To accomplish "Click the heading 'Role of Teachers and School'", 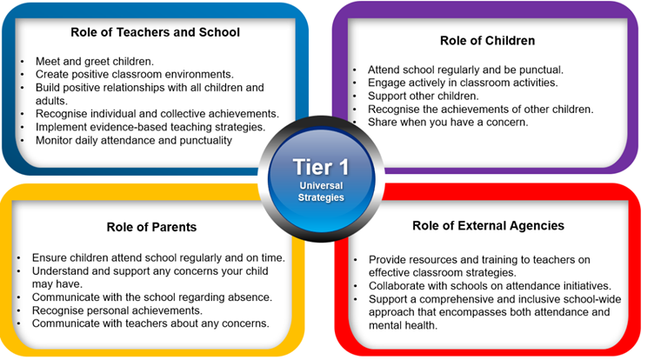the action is click(x=155, y=32).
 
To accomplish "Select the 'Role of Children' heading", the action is click(x=487, y=41).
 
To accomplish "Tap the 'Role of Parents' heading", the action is click(x=151, y=227).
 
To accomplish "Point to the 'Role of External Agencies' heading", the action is click(x=488, y=226).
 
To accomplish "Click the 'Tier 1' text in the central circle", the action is click(x=321, y=167).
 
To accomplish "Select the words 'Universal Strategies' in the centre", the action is click(x=321, y=191).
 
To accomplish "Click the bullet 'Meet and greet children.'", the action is click(x=95, y=62).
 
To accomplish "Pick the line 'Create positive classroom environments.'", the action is click(x=134, y=74).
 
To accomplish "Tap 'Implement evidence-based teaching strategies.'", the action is click(x=150, y=127).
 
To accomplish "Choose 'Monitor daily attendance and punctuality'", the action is click(x=133, y=140).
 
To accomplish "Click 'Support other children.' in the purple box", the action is click(x=423, y=96).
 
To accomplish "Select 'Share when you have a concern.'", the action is click(x=448, y=123).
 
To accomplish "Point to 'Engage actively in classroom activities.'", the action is click(x=463, y=83).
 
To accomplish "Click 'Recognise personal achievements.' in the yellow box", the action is click(x=117, y=310).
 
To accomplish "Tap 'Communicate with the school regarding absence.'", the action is click(x=152, y=297).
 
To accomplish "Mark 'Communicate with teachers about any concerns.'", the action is click(x=150, y=323).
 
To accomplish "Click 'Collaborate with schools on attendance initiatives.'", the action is click(x=490, y=286).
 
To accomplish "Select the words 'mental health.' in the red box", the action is click(x=403, y=325).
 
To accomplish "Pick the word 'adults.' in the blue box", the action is click(x=51, y=101).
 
